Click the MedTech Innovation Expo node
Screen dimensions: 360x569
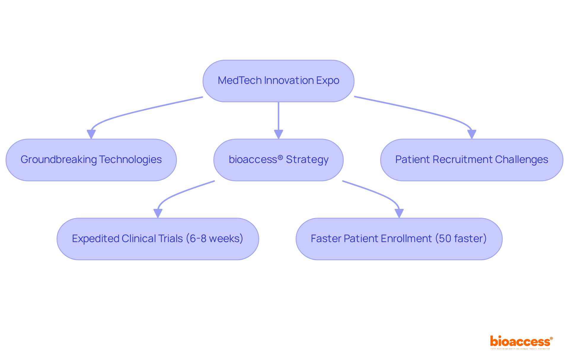tap(278, 81)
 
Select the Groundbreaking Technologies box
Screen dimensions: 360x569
tap(91, 160)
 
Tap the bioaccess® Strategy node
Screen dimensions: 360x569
tap(278, 160)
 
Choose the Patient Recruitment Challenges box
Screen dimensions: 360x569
tap(471, 160)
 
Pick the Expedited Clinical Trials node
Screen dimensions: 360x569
tap(158, 239)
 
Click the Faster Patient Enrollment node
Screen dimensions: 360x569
tap(399, 239)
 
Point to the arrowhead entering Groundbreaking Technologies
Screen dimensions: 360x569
tap(91, 135)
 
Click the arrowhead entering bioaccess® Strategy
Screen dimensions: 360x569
tap(278, 135)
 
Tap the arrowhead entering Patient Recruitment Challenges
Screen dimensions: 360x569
tap(471, 135)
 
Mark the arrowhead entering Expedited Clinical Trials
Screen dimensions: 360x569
tap(158, 213)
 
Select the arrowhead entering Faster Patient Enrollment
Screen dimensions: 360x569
tap(399, 213)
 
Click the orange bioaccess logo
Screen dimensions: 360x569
tap(521, 342)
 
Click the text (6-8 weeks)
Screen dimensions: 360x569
tap(215, 239)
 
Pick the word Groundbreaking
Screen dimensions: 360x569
tap(59, 160)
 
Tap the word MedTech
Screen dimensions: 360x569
tap(239, 81)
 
